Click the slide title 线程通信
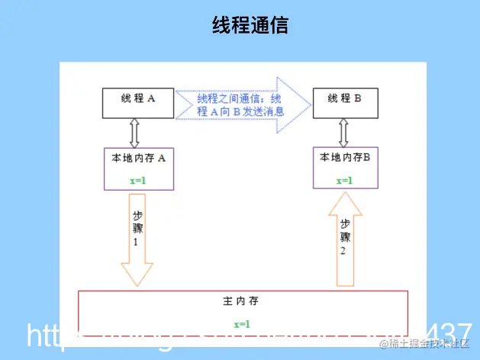point(250,25)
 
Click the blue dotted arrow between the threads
point(244,105)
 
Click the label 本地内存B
point(345,156)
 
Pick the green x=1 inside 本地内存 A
point(138,181)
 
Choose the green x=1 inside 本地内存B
point(344,180)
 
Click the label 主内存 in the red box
point(242,302)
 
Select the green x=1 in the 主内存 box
point(241,325)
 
